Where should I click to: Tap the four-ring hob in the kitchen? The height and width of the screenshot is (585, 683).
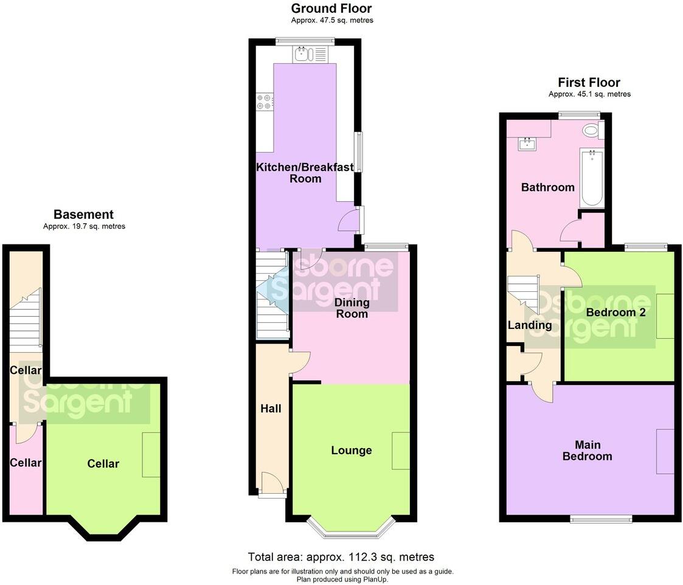pos(265,102)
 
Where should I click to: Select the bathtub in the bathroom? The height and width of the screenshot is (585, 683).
pos(591,178)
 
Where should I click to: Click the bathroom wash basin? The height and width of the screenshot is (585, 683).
pos(525,144)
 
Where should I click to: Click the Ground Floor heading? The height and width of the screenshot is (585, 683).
pos(331,9)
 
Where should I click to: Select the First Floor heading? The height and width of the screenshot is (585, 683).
pos(589,83)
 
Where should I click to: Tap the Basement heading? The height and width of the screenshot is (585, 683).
pos(83,215)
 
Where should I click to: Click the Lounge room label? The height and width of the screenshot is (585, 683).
pos(351,451)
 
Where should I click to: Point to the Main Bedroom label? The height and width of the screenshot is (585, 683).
pos(587,451)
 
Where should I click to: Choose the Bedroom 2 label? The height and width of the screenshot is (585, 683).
pos(615,312)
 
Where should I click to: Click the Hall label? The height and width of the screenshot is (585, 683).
pos(271,409)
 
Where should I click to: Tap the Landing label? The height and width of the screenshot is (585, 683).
pos(529,325)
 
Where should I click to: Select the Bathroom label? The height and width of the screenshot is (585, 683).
pos(547,187)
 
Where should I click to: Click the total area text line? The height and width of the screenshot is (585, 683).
pos(341,557)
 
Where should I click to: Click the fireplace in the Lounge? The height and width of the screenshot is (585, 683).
pos(401,451)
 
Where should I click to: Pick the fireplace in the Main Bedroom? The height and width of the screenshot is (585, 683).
pos(665,451)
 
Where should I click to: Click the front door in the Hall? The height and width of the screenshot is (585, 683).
pos(271,486)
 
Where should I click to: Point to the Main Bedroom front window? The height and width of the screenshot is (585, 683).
pos(601,519)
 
